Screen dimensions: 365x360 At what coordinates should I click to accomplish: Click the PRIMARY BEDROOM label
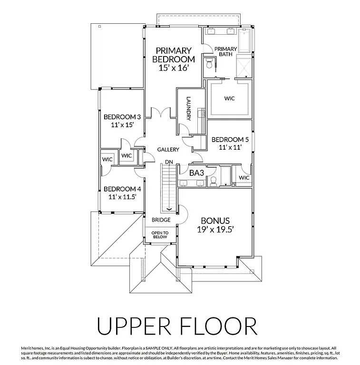click(x=173, y=55)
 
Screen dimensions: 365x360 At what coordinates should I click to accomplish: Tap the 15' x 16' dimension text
click(x=174, y=68)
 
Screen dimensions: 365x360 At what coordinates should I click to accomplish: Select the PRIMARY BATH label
click(x=225, y=51)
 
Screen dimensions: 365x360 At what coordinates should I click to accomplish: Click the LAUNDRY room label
click(x=189, y=109)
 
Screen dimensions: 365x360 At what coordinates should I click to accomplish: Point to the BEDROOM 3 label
click(x=122, y=117)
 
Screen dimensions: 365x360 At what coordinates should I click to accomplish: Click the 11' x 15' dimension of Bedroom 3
click(x=122, y=125)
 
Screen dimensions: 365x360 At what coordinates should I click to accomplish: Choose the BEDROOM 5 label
click(x=230, y=139)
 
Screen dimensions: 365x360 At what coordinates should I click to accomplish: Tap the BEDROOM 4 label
click(x=122, y=188)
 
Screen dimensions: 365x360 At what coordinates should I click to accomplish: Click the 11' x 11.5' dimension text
click(x=122, y=196)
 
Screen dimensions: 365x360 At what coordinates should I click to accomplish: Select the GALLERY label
click(x=168, y=150)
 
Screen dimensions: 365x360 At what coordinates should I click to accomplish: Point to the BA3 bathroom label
click(x=196, y=173)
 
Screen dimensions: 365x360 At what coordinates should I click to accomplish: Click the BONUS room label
click(x=215, y=221)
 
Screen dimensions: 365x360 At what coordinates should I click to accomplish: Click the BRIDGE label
click(x=161, y=220)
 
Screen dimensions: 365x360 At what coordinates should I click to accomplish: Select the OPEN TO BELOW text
click(x=159, y=234)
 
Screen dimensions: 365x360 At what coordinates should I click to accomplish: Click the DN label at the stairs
click(x=168, y=161)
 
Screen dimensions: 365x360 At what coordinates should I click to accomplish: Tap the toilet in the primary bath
click(x=209, y=62)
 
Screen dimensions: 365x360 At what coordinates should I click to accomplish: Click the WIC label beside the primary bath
click(x=230, y=98)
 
